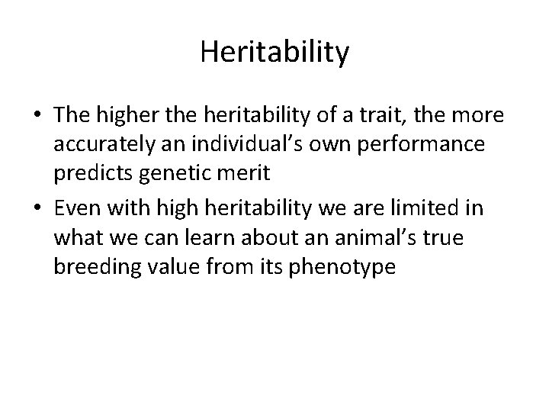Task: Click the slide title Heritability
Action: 274,52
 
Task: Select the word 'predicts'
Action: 94,171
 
